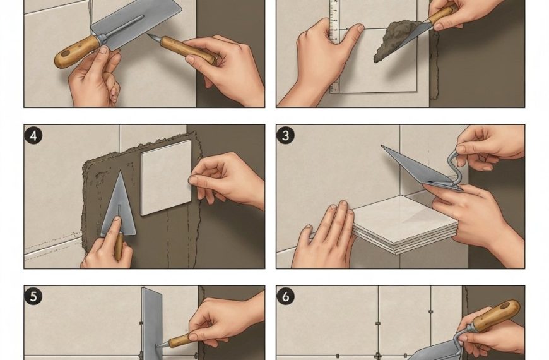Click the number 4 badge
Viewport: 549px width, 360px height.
[x=33, y=135]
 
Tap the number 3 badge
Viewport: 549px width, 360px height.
[x=285, y=135]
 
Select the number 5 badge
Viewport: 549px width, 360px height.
[x=33, y=296]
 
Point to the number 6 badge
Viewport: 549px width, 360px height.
[x=285, y=296]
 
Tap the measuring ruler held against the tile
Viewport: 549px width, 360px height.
[x=334, y=45]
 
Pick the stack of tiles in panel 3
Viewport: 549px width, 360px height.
[x=404, y=224]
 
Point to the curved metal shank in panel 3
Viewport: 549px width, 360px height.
[x=451, y=165]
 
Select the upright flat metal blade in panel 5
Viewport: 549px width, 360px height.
[x=152, y=323]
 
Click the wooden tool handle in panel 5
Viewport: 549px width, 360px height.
[x=180, y=340]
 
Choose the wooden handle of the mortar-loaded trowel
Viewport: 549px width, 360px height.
[x=442, y=15]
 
